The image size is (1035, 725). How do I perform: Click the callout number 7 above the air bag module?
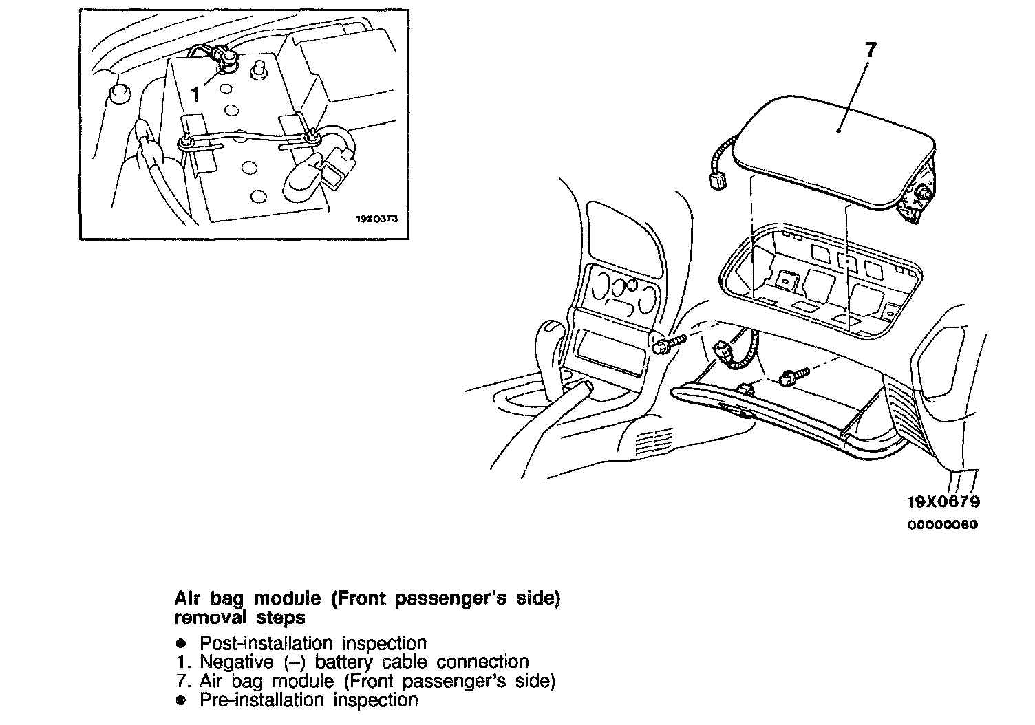pos(871,50)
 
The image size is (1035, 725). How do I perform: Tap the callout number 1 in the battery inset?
pos(195,94)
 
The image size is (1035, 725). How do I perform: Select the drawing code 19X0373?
pos(377,219)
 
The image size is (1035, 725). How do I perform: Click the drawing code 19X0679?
pos(943,501)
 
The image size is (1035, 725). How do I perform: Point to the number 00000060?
pos(943,525)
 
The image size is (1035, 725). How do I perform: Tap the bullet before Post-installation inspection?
pos(181,644)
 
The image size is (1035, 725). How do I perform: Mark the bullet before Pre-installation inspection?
pos(181,700)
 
